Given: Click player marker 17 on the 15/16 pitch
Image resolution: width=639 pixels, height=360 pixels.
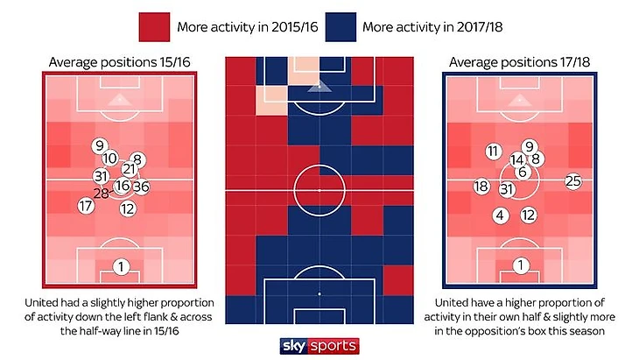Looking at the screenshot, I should (x=85, y=207).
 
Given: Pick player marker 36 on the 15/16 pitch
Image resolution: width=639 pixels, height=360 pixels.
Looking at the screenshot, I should (x=142, y=186).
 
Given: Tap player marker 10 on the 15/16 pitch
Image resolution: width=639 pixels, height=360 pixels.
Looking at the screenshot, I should (x=110, y=159).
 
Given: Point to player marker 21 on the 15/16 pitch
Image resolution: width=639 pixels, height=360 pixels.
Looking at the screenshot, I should (x=129, y=169).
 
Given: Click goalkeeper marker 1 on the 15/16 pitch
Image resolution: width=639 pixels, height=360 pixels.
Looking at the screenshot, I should (x=121, y=266).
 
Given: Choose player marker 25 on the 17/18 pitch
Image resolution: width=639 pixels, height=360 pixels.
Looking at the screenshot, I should (x=573, y=181).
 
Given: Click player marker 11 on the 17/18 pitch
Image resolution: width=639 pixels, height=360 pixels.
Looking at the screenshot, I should (x=494, y=152).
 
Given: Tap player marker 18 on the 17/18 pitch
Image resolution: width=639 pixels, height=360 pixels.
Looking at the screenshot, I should (x=481, y=187).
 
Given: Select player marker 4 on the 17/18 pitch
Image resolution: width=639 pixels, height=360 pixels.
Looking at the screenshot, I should (x=500, y=215).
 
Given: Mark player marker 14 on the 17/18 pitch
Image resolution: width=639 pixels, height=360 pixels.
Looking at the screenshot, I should (x=517, y=160).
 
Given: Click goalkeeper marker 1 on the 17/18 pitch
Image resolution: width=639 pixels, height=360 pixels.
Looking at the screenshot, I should (x=521, y=265).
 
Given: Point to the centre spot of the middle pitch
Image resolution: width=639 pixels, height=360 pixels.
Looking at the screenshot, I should (x=319, y=188).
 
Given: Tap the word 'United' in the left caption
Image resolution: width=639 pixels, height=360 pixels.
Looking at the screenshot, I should (x=46, y=303).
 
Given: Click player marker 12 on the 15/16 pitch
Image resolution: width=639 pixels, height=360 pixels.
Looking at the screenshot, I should (x=127, y=208).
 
